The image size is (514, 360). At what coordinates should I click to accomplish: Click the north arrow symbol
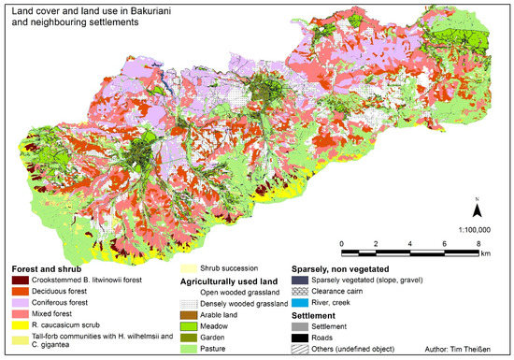477,209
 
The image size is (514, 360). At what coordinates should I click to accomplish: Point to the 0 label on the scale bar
343,243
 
